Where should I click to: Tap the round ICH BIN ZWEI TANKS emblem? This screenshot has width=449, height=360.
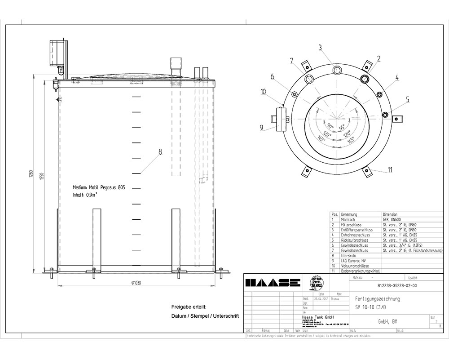(x=318, y=283)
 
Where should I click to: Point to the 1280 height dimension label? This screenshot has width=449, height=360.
(x=31, y=174)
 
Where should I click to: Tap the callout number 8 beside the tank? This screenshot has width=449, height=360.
(x=160, y=152)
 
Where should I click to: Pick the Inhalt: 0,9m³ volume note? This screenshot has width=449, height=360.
(x=85, y=196)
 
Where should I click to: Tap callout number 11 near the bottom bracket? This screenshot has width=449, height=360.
(x=390, y=169)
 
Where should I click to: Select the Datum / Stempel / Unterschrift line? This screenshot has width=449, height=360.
(x=205, y=316)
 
